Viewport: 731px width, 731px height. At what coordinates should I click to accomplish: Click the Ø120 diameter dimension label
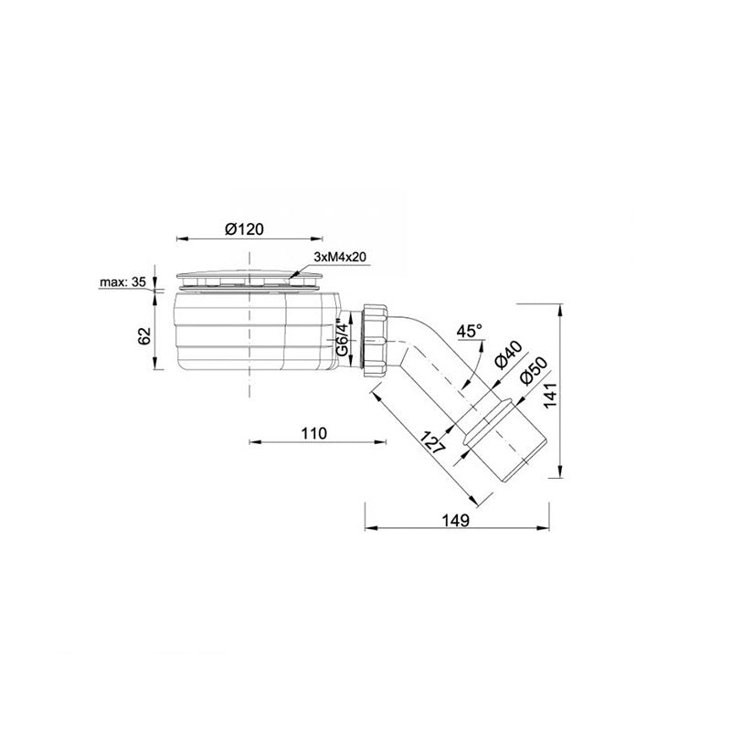coord(244,229)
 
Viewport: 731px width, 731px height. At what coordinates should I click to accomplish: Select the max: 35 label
coord(122,282)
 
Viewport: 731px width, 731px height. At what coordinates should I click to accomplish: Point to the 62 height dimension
coord(145,335)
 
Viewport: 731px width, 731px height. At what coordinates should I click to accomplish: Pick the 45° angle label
coord(470,332)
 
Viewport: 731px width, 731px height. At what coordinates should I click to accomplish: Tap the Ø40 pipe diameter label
coord(507,355)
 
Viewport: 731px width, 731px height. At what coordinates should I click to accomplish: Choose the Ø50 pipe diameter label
coord(533,372)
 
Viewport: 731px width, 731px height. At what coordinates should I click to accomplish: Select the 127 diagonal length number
coord(432,442)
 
